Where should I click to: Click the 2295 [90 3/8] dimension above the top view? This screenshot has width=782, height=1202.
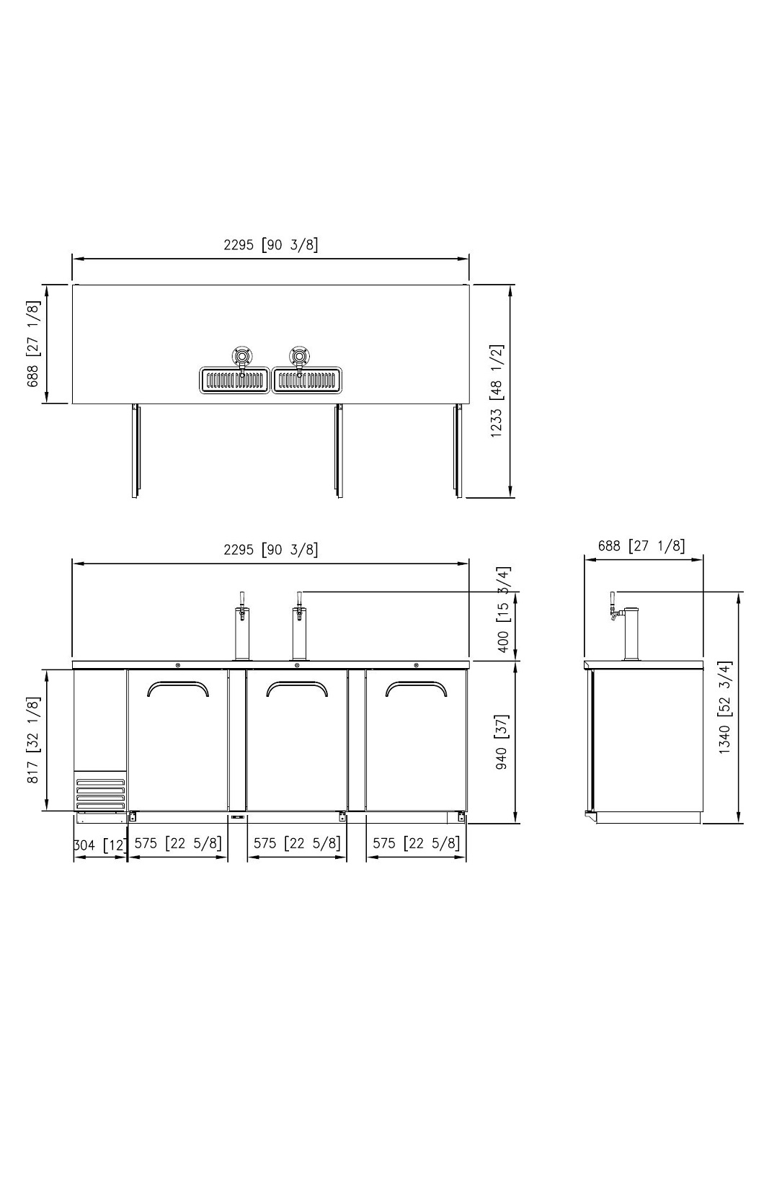(270, 245)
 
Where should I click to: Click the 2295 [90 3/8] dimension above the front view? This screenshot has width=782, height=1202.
(270, 550)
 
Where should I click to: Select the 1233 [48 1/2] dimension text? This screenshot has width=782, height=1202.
(497, 390)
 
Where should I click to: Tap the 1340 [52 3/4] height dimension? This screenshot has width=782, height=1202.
(725, 707)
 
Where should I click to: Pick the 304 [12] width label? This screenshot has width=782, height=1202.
(100, 845)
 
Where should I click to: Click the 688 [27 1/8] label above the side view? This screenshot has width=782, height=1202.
(641, 546)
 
